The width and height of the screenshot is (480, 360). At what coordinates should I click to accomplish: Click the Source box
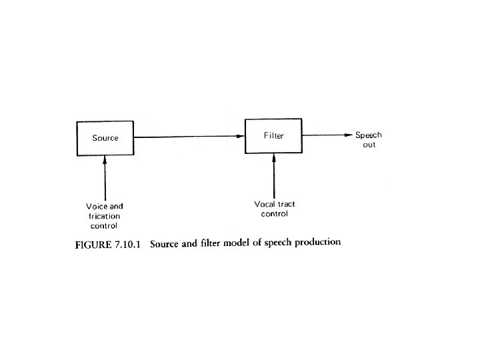pyautogui.click(x=105, y=138)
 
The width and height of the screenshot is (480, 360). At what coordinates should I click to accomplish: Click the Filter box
pyautogui.click(x=273, y=136)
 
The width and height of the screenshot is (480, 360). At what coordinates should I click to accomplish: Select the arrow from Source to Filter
pyautogui.click(x=189, y=137)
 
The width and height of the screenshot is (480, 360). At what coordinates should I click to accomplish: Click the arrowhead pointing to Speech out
pyautogui.click(x=347, y=135)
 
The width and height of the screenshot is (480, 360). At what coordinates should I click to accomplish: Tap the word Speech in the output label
pyautogui.click(x=368, y=135)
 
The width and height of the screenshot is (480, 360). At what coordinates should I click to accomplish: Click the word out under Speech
pyautogui.click(x=369, y=145)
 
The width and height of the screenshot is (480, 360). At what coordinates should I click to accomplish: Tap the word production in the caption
pyautogui.click(x=317, y=242)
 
